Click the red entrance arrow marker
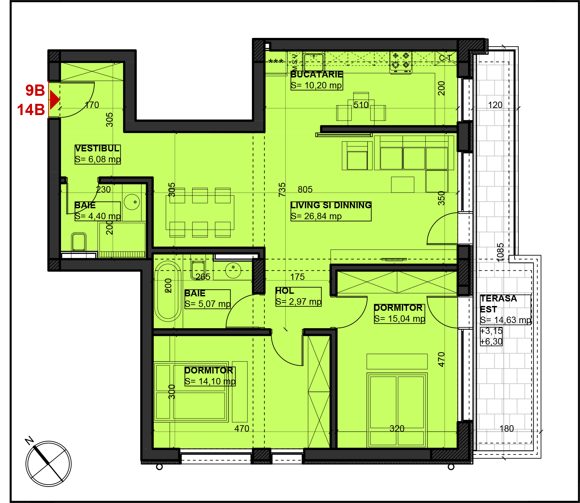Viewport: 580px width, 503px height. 55,100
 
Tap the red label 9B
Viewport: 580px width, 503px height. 35,90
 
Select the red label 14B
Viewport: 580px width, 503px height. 31,110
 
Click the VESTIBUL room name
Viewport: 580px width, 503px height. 97,148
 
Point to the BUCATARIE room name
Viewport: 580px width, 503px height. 316,75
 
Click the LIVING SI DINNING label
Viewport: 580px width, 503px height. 331,205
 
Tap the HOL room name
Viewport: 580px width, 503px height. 285,291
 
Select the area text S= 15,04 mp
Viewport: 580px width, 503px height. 400,319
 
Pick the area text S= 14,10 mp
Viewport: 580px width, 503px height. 210,382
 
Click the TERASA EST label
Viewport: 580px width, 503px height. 498,304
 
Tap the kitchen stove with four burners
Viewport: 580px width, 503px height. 401,62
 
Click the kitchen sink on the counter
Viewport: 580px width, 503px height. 314,62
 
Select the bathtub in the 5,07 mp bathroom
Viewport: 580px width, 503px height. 168,291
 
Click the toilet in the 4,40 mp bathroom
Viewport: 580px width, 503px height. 79,242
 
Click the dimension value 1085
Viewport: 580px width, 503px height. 500,252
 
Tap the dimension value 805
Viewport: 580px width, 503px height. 305,190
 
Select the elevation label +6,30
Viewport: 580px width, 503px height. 491,341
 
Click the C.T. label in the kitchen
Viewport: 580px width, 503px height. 446,58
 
